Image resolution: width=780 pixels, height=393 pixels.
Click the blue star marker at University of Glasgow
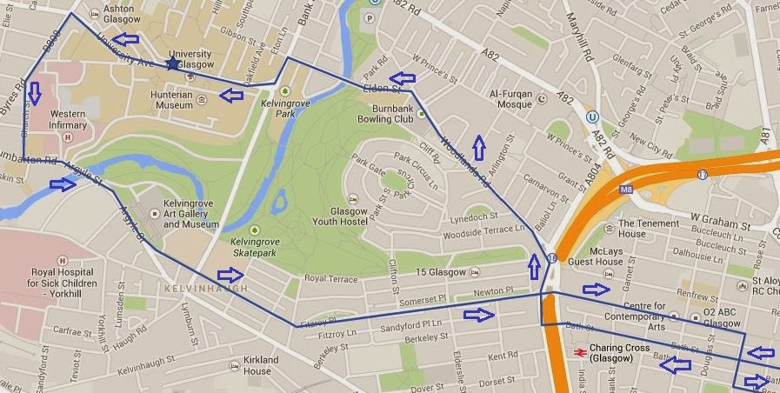174,63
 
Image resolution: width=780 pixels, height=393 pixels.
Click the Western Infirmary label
68,119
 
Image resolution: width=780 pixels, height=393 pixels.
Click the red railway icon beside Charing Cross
578,351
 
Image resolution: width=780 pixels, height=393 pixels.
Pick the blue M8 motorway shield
625,188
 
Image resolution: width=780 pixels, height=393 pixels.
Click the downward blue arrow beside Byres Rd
35,91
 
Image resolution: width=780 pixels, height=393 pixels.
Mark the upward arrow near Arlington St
477,142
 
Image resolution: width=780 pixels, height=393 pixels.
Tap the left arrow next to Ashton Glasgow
127,39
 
